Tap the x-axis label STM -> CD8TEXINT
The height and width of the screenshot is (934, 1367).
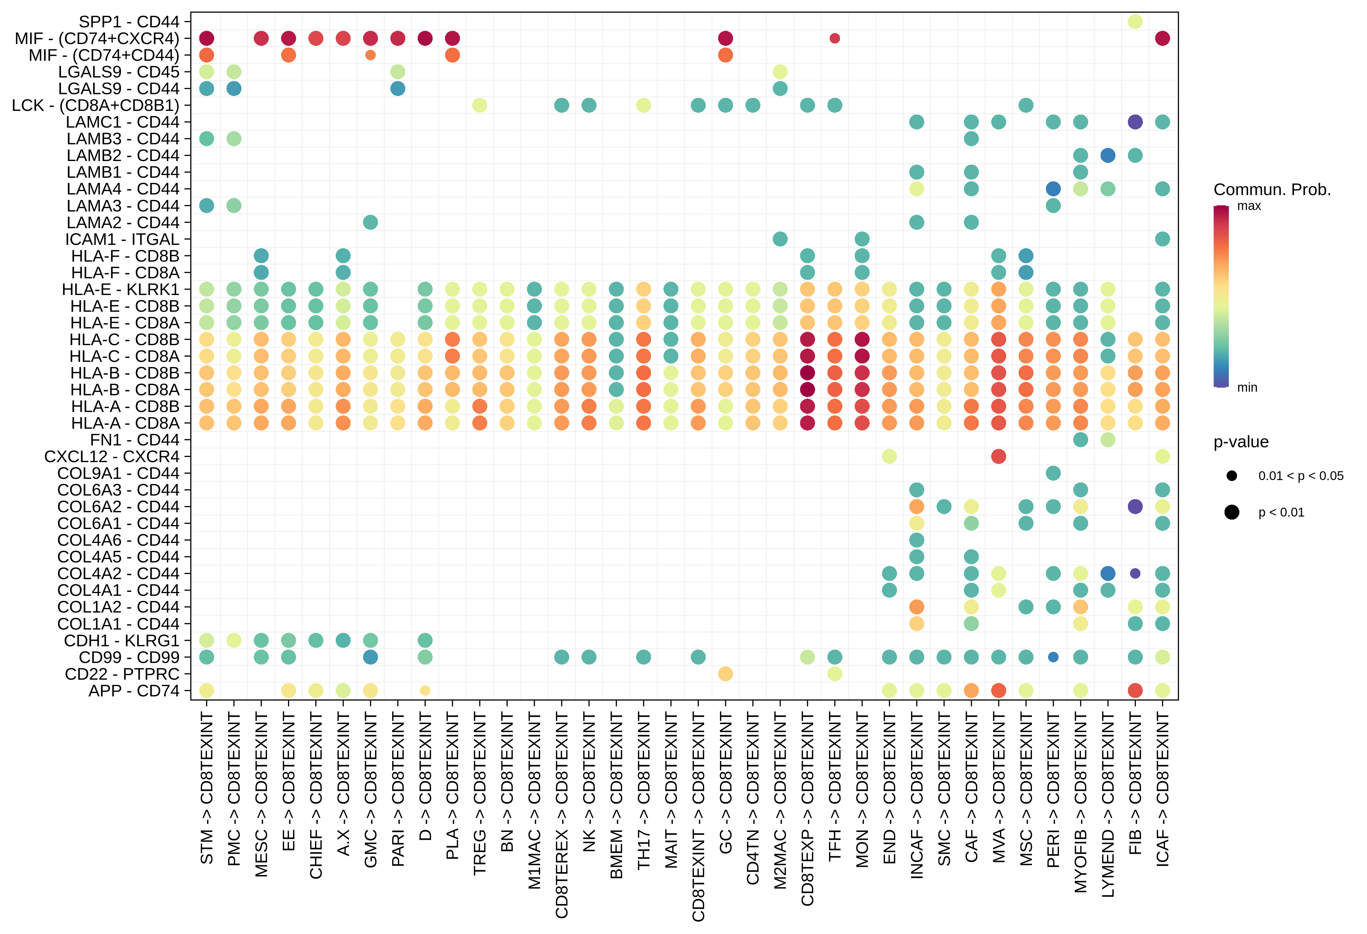point(207,788)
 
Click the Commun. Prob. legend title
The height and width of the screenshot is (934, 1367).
point(1272,190)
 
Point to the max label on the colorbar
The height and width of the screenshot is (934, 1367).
point(1249,206)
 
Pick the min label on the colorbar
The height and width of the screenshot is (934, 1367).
point(1247,388)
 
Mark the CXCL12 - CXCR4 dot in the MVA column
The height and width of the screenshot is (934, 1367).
point(998,456)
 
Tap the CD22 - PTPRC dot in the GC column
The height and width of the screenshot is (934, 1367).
point(725,674)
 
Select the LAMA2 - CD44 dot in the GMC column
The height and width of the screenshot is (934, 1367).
point(370,222)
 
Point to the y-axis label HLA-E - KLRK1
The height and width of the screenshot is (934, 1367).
point(121,289)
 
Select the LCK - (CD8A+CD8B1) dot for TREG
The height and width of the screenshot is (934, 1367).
point(479,105)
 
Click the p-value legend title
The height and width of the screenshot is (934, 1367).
point(1241,442)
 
